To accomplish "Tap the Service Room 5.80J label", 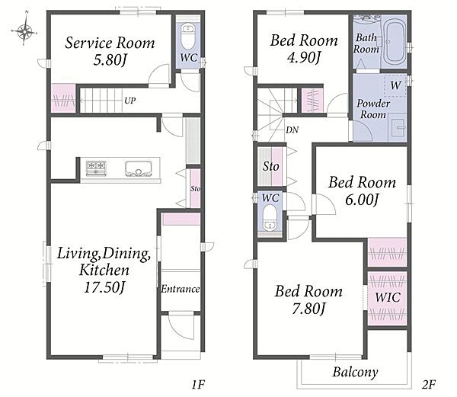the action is coord(110,51).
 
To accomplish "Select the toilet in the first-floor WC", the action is coord(188,37).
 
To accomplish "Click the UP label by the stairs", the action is coord(129,101).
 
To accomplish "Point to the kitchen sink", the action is coord(139,168).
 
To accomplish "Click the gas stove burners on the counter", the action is coord(96,168).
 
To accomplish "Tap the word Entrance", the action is coord(180,289).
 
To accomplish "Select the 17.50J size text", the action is coord(104,287).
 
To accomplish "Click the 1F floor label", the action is coord(198,385).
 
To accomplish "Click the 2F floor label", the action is coord(429,385).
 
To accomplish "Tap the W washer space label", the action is coord(395,85).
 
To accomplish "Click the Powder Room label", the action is coord(373,109).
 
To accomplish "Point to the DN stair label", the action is coord(292,130).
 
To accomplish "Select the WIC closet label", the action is coord(388,297).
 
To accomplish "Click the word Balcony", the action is coord(355,372).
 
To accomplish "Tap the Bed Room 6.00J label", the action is coord(362,190).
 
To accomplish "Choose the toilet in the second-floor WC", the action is coord(270,217).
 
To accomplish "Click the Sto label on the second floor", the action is coord(270,166).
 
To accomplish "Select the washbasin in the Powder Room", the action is coord(398,127).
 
